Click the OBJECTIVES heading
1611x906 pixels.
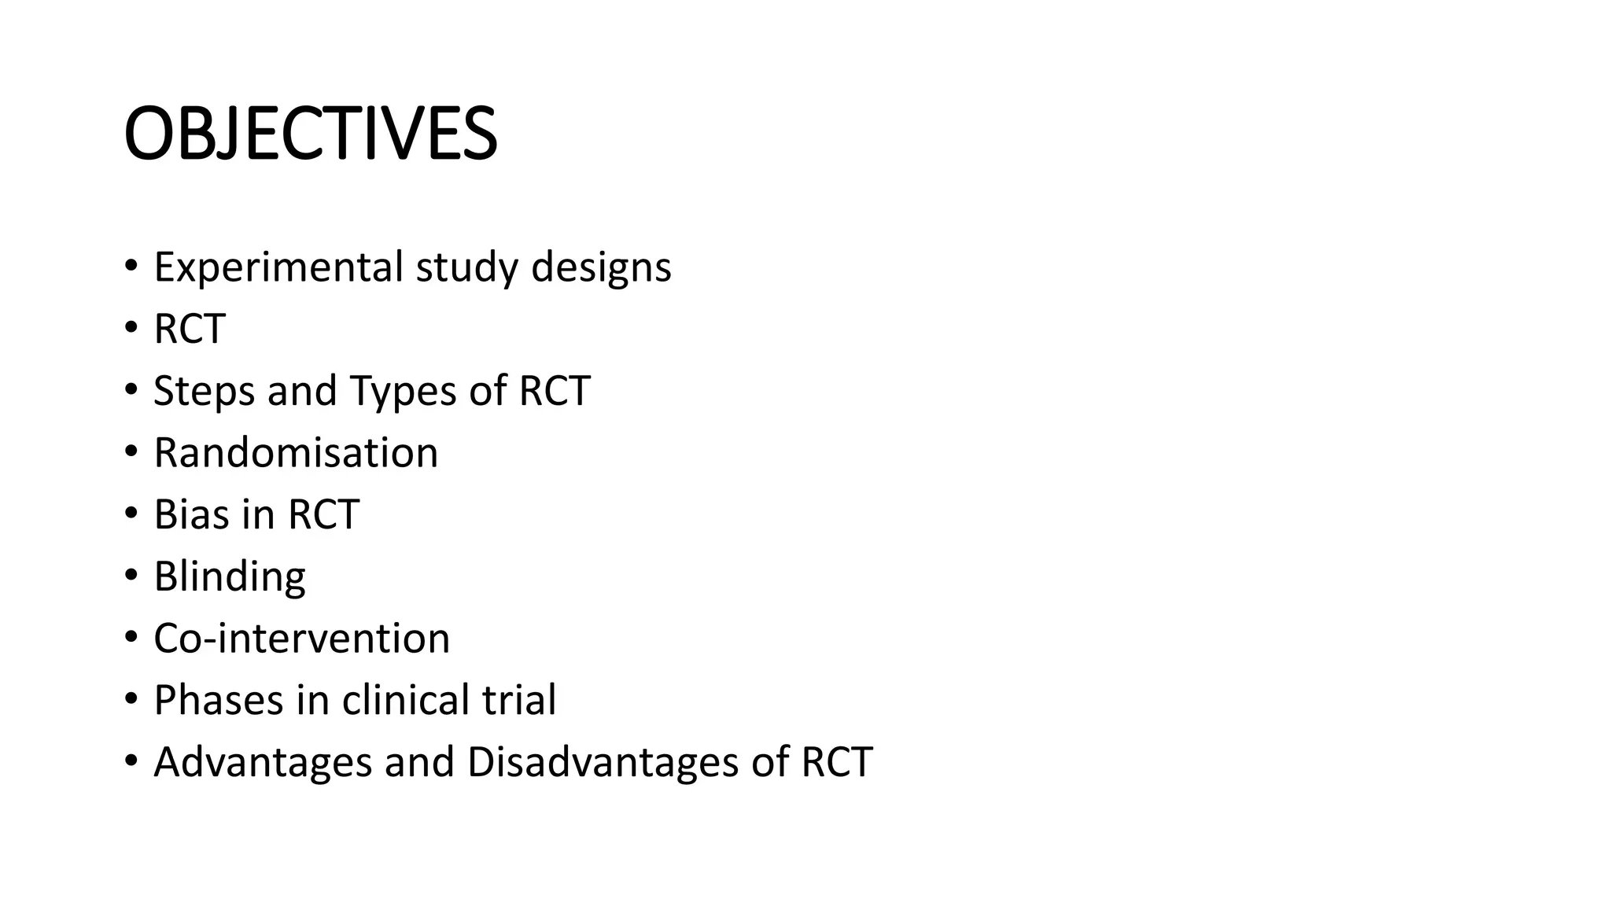point(311,134)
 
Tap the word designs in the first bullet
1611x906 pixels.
point(601,267)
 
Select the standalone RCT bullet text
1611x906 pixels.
point(190,329)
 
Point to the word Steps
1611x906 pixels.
point(205,391)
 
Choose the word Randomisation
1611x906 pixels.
point(296,453)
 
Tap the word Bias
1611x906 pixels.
point(191,514)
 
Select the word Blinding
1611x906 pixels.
point(229,576)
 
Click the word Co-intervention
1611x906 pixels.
point(301,638)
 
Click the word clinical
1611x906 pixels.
point(405,700)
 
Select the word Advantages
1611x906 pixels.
point(263,762)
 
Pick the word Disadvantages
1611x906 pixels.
point(603,762)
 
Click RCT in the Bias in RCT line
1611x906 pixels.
point(323,514)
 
